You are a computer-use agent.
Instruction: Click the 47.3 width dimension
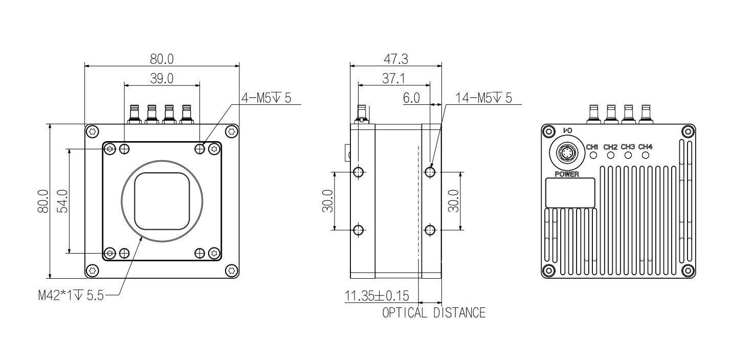(395, 59)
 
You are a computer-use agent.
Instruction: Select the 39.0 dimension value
(162, 79)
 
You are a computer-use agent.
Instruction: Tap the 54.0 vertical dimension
(62, 201)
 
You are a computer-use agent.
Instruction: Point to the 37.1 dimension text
(393, 79)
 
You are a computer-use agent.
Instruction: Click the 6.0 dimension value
(411, 98)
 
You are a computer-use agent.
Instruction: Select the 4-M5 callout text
(266, 98)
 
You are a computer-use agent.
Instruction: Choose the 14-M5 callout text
(483, 98)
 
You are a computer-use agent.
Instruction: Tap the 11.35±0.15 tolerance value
(376, 296)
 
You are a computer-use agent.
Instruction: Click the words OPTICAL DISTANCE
(434, 313)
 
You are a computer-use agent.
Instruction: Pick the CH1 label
(592, 147)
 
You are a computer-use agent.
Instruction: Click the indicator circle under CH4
(646, 155)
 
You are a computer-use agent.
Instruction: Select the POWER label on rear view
(567, 174)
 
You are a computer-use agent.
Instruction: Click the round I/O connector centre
(567, 153)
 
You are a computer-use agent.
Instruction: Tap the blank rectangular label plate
(570, 193)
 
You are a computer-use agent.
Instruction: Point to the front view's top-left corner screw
(93, 132)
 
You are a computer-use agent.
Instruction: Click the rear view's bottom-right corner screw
(688, 270)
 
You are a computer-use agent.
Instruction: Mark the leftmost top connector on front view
(134, 114)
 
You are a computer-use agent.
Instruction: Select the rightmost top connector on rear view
(646, 114)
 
